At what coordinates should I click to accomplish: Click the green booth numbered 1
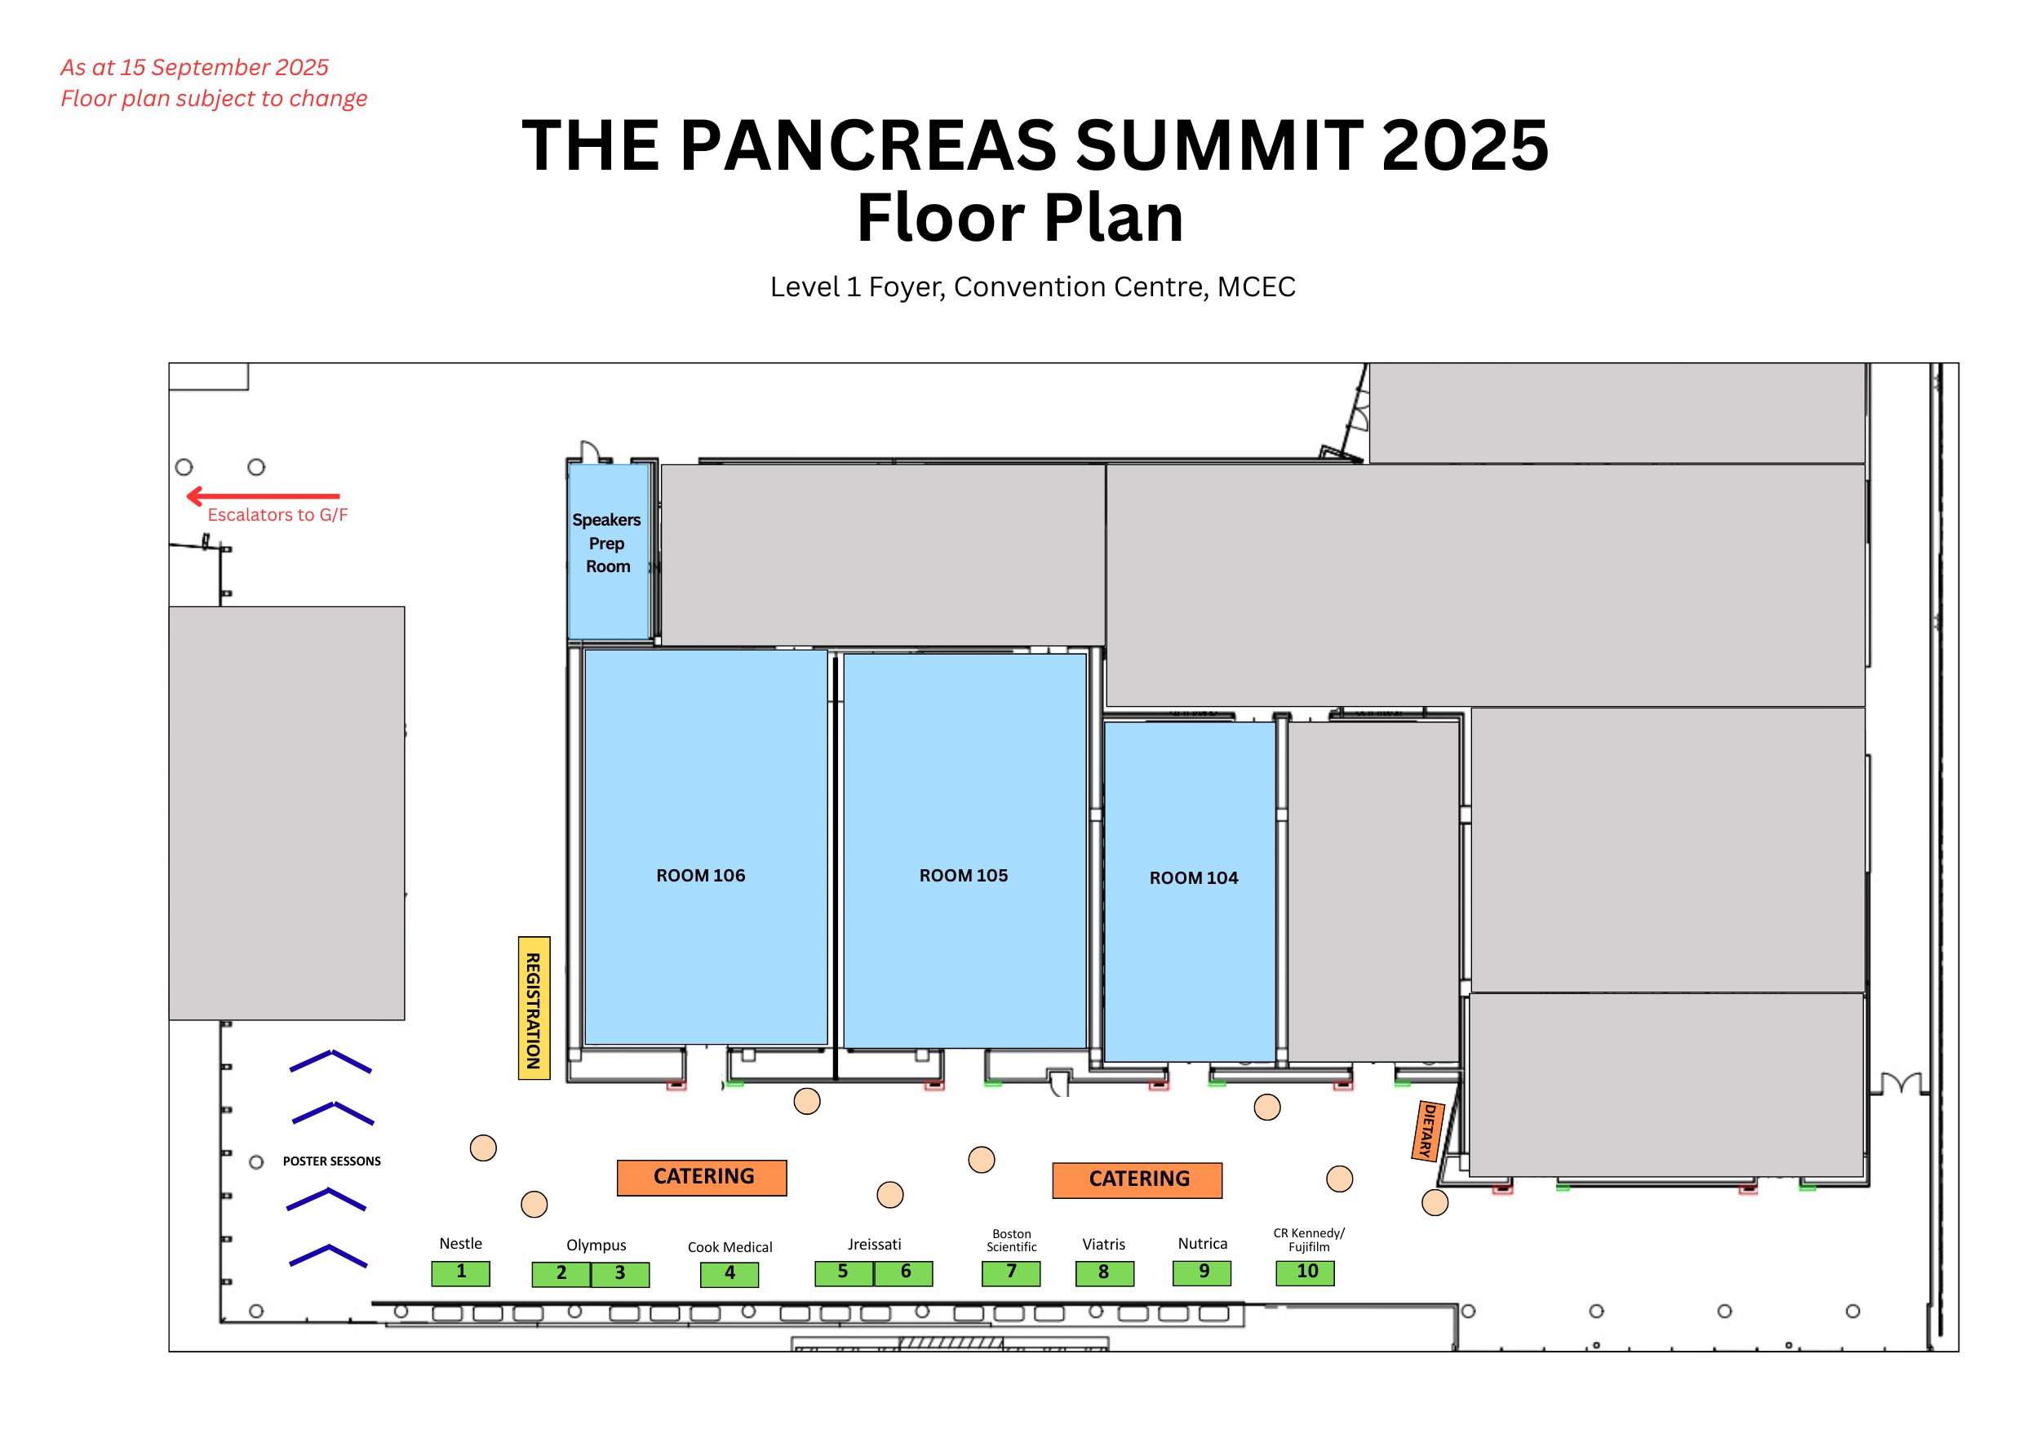click(x=460, y=1272)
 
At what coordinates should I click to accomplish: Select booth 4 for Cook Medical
click(x=730, y=1274)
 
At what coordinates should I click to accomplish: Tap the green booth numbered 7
click(x=1011, y=1273)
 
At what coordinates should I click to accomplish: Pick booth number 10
click(x=1306, y=1272)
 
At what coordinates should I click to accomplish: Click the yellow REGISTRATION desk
click(x=534, y=1008)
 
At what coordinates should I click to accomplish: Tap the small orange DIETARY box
click(x=1428, y=1131)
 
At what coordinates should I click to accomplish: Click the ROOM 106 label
click(x=701, y=875)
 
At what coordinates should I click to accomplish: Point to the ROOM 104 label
click(x=1193, y=878)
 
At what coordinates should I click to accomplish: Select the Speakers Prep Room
click(x=609, y=551)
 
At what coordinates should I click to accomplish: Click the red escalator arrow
click(x=263, y=495)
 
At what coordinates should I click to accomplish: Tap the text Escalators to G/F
click(x=277, y=514)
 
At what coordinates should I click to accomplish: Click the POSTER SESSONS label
click(x=331, y=1161)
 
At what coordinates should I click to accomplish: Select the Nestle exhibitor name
click(x=460, y=1244)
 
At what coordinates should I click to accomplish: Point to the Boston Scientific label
click(x=1011, y=1241)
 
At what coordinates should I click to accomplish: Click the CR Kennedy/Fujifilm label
click(x=1309, y=1240)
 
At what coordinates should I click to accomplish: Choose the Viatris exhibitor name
click(x=1103, y=1245)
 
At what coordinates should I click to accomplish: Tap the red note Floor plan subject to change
click(x=213, y=99)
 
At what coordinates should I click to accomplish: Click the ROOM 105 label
click(x=963, y=875)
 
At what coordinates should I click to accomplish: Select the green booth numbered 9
click(x=1202, y=1272)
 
